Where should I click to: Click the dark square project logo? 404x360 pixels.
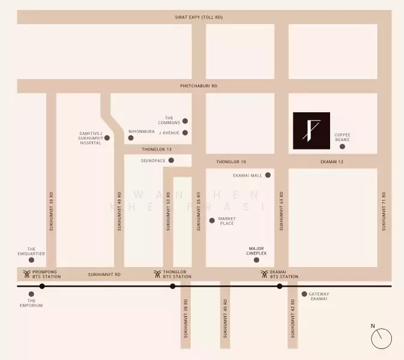(311, 130)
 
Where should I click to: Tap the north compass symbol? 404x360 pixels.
(381, 338)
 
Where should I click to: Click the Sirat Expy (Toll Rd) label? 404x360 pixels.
(199, 17)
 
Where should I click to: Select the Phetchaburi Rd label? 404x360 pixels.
(199, 86)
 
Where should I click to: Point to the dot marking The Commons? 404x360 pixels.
(185, 121)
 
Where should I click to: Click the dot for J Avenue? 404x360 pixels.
(185, 133)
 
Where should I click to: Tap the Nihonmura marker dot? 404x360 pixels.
(131, 138)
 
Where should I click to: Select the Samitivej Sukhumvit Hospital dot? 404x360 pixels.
(107, 138)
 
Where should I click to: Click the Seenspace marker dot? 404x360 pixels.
(171, 160)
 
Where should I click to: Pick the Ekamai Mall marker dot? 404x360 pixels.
(268, 175)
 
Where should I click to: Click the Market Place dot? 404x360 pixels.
(211, 220)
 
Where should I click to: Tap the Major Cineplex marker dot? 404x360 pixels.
(256, 260)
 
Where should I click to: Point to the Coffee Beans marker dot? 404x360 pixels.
(342, 147)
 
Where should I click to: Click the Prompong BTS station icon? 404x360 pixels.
(26, 274)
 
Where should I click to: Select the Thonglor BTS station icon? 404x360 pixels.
(157, 274)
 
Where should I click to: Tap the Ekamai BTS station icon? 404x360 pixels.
(265, 274)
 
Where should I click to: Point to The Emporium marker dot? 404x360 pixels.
(31, 294)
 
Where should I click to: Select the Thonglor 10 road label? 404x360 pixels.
(231, 162)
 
